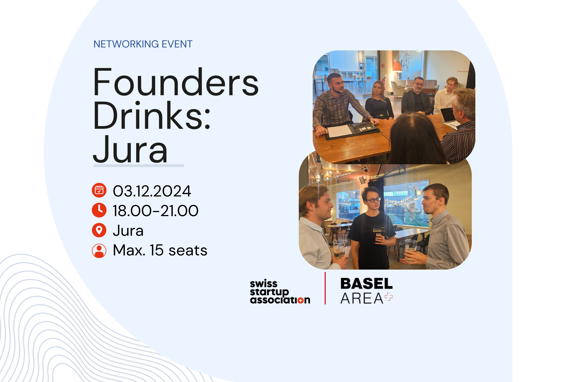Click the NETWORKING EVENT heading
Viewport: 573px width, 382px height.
tap(143, 44)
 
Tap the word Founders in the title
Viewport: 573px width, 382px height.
tap(176, 82)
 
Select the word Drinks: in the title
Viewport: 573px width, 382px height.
tap(152, 115)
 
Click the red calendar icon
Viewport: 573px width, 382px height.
tap(99, 190)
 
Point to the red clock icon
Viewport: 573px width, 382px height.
tap(99, 210)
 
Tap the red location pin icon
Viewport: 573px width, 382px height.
tap(99, 230)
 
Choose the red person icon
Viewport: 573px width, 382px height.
tap(99, 250)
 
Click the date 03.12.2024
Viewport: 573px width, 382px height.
tap(152, 191)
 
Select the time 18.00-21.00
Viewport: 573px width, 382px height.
tap(156, 211)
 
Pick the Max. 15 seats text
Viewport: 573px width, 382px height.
tap(160, 250)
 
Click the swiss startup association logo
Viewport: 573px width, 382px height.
tap(280, 292)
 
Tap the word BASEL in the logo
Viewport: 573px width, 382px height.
tap(366, 284)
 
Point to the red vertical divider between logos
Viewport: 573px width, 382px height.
tap(325, 288)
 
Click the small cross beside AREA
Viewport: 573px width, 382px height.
tap(389, 297)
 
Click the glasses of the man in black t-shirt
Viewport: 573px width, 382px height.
tap(373, 200)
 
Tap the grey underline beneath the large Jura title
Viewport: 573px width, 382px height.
tap(139, 166)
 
